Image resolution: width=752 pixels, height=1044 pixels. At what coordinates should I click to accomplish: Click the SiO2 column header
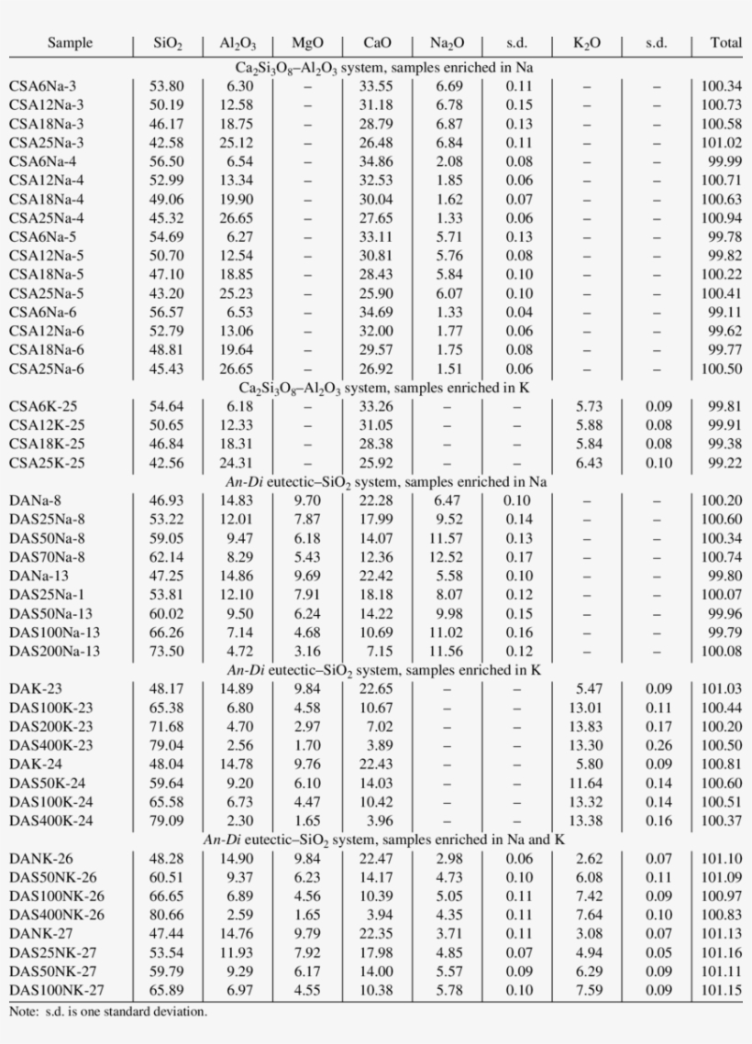[168, 44]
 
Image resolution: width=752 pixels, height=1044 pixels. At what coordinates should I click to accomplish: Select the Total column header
[725, 43]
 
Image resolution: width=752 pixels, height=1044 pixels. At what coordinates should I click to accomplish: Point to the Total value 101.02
[722, 143]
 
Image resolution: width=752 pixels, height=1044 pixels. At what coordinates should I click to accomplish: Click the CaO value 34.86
[377, 161]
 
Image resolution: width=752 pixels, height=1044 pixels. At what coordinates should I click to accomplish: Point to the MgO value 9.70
[306, 500]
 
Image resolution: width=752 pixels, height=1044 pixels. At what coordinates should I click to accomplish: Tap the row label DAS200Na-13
[55, 651]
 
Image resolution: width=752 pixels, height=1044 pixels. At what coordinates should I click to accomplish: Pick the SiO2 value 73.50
[167, 651]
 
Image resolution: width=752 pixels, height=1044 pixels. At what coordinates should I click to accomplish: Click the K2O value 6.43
[589, 463]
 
